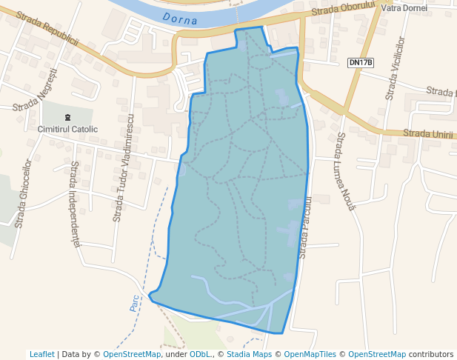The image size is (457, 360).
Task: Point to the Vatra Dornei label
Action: tap(404, 7)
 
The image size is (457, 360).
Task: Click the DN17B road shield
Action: tap(360, 63)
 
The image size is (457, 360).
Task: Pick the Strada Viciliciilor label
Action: tap(393, 67)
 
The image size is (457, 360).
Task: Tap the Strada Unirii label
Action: tap(427, 133)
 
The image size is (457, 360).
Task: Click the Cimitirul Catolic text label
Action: tap(67, 130)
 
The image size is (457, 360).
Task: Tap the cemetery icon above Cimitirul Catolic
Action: tap(68, 117)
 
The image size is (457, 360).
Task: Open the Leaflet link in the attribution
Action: tap(41, 354)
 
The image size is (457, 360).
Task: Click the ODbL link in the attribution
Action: tap(199, 354)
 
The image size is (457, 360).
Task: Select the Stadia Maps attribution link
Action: tap(249, 354)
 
